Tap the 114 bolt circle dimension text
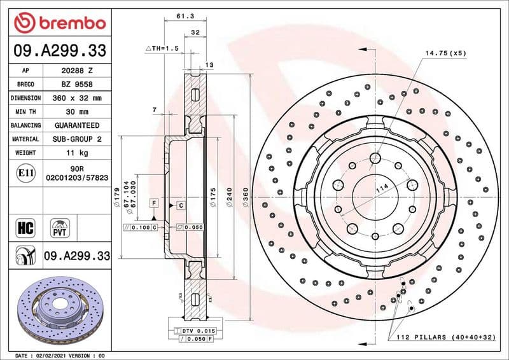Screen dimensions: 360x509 (x=382, y=189)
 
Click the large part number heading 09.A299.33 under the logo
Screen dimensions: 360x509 (x=60, y=51)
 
